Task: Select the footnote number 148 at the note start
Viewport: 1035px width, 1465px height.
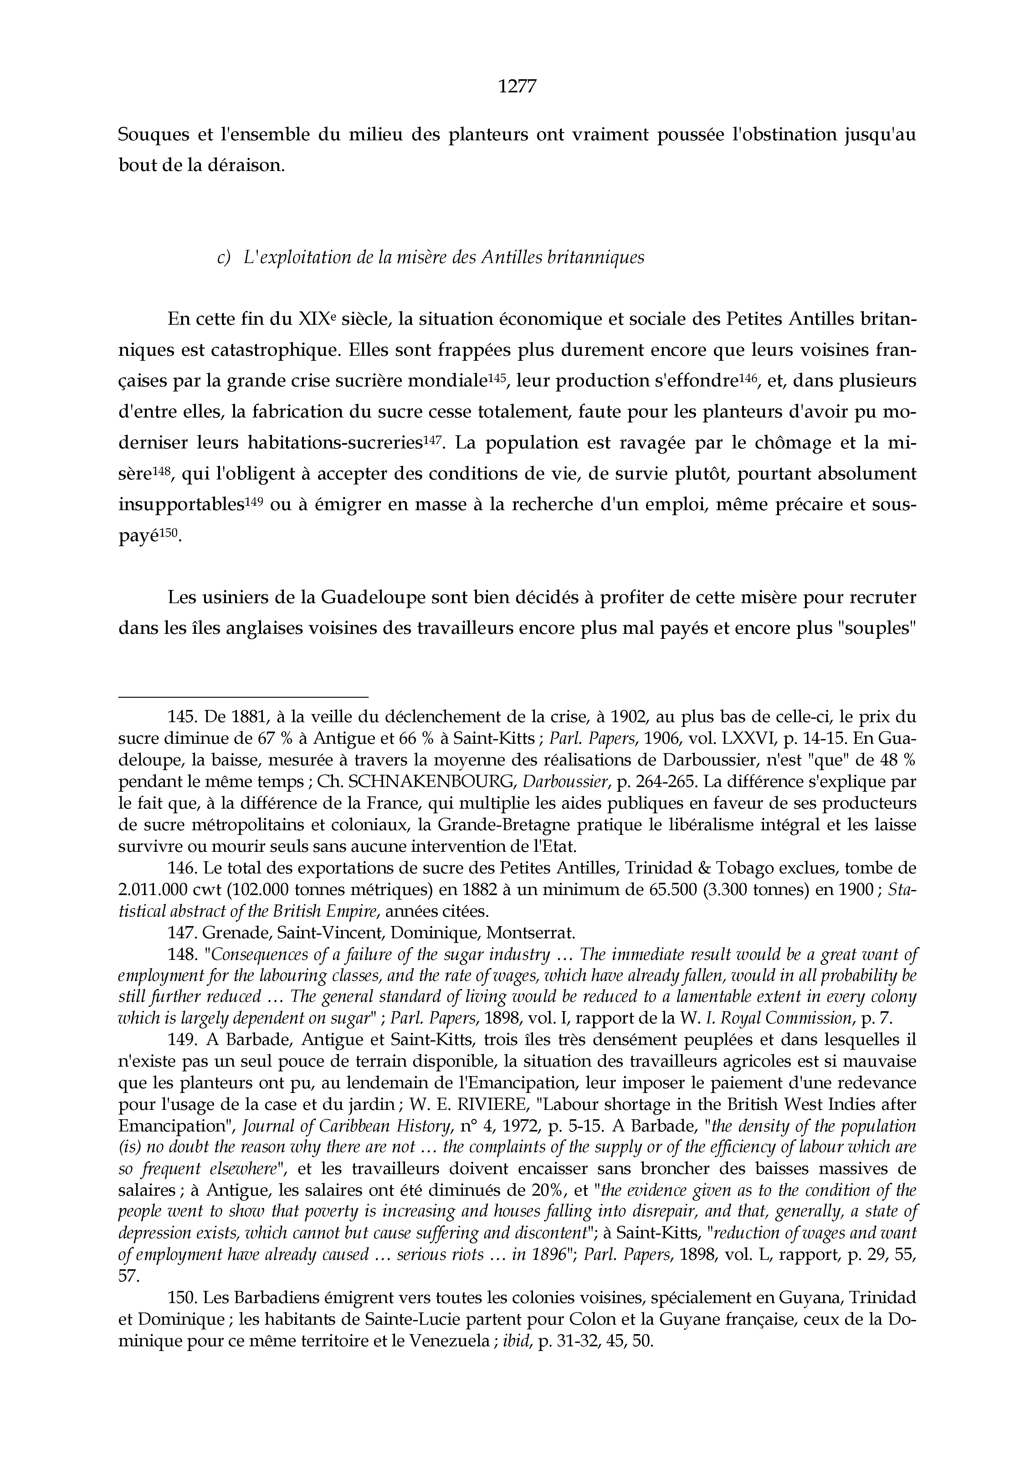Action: tap(182, 955)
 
